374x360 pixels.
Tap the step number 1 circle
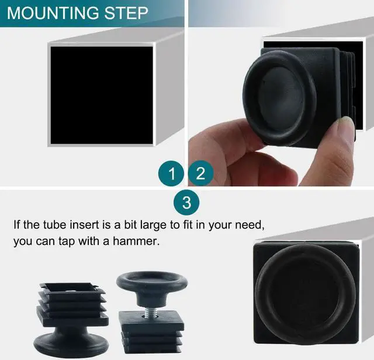coord(172,174)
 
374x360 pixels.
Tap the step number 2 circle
coord(200,174)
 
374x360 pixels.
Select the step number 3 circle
coord(186,203)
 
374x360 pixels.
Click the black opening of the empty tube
coord(101,95)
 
